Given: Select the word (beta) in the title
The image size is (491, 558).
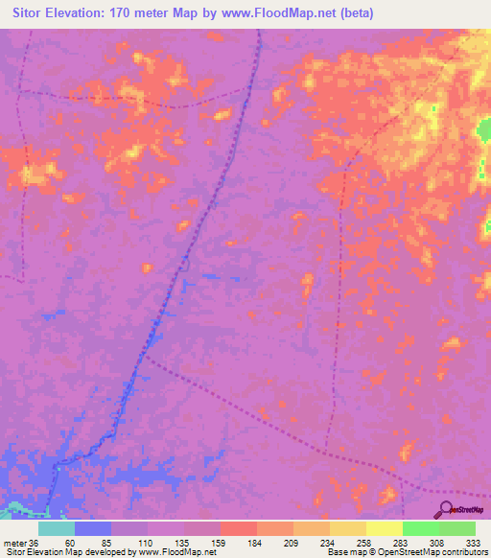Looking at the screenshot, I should (354, 13).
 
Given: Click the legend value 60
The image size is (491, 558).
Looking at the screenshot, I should (70, 542).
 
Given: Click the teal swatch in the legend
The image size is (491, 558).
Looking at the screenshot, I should (56, 528).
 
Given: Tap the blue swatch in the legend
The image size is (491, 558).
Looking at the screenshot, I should (92, 528).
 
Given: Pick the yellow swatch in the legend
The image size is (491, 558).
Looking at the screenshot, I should (384, 528).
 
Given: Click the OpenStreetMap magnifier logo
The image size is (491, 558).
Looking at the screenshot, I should (446, 509).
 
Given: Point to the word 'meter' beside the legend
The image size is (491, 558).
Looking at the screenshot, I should (14, 542).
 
